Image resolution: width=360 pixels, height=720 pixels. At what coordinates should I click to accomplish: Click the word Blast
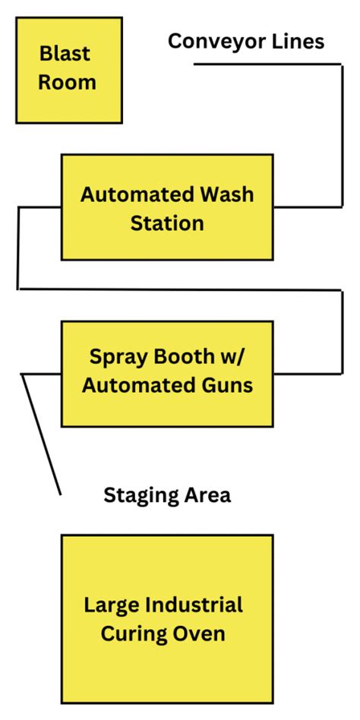tap(65, 53)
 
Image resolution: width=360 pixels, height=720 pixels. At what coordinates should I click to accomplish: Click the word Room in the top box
tap(67, 83)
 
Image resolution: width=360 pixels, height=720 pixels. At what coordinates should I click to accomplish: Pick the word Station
tap(167, 223)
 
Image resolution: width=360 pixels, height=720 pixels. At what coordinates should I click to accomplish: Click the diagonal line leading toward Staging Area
tap(41, 434)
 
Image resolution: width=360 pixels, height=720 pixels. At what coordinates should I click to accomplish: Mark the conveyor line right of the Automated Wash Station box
tap(342, 136)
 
